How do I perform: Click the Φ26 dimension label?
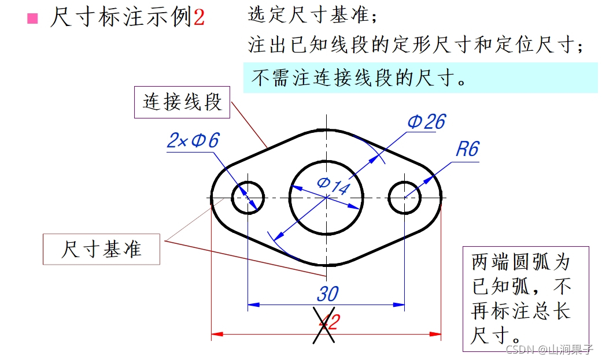click(426, 121)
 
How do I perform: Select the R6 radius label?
click(467, 149)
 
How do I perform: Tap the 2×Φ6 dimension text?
click(193, 140)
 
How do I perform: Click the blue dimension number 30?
click(327, 294)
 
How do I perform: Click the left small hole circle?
click(248, 197)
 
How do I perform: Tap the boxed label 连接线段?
click(182, 102)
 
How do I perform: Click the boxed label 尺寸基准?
click(101, 249)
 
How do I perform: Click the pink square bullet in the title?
click(32, 18)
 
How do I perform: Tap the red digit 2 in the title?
click(199, 18)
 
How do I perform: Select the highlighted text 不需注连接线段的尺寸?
click(359, 78)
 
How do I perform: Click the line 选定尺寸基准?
click(312, 16)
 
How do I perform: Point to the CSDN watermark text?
click(549, 349)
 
